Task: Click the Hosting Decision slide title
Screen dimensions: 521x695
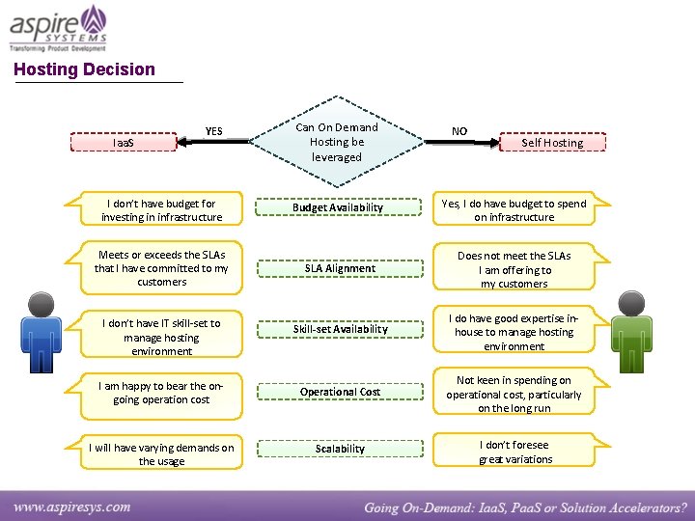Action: click(x=84, y=69)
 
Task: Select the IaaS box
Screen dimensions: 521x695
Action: click(x=125, y=143)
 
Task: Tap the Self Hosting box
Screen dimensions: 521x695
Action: click(x=552, y=143)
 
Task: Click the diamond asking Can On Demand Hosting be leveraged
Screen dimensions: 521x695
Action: click(x=336, y=142)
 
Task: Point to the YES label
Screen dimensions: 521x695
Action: click(x=213, y=131)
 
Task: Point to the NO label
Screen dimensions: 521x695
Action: click(x=459, y=131)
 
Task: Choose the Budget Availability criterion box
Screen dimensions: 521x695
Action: click(x=338, y=207)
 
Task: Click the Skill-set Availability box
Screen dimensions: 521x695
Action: click(x=340, y=329)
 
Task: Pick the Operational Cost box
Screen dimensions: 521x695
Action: click(x=340, y=392)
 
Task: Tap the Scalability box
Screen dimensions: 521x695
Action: click(x=340, y=449)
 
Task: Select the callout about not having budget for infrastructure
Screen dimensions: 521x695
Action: click(x=161, y=210)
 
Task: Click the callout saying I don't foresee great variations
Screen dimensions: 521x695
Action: click(x=514, y=452)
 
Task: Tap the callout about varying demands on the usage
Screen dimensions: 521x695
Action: click(x=161, y=454)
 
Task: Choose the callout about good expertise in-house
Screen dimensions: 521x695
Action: click(x=514, y=332)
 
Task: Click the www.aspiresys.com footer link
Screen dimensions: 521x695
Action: click(x=72, y=506)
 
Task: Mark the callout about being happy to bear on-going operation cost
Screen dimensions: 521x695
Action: click(x=161, y=393)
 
